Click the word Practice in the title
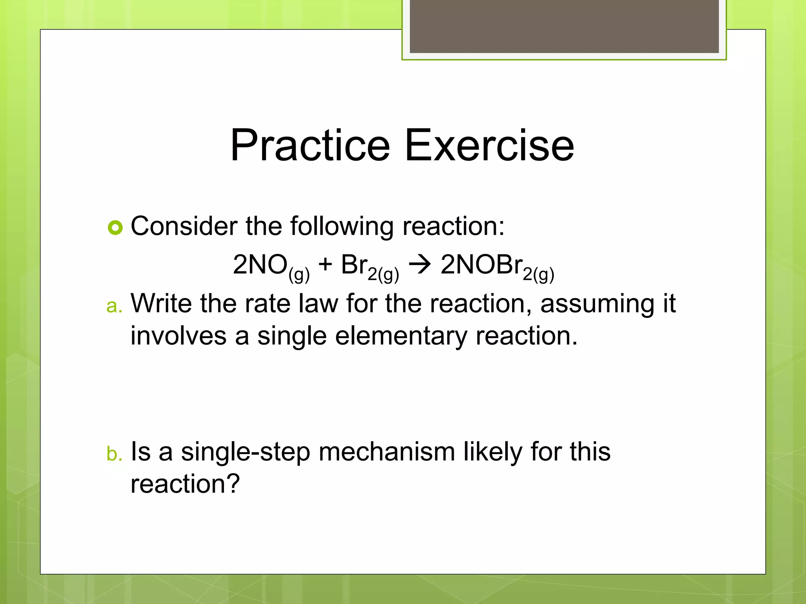pyautogui.click(x=310, y=145)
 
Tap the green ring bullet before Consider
pyautogui.click(x=115, y=227)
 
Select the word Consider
pyautogui.click(x=184, y=226)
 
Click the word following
pyautogui.click(x=342, y=227)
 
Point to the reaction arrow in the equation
pyautogui.click(x=420, y=265)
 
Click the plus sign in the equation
pyautogui.click(x=325, y=264)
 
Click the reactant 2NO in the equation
pyautogui.click(x=260, y=265)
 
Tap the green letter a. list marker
pyautogui.click(x=114, y=306)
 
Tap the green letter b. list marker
pyautogui.click(x=114, y=453)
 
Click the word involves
pyautogui.click(x=178, y=336)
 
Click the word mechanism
pyautogui.click(x=386, y=451)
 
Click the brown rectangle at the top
pyautogui.click(x=564, y=26)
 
